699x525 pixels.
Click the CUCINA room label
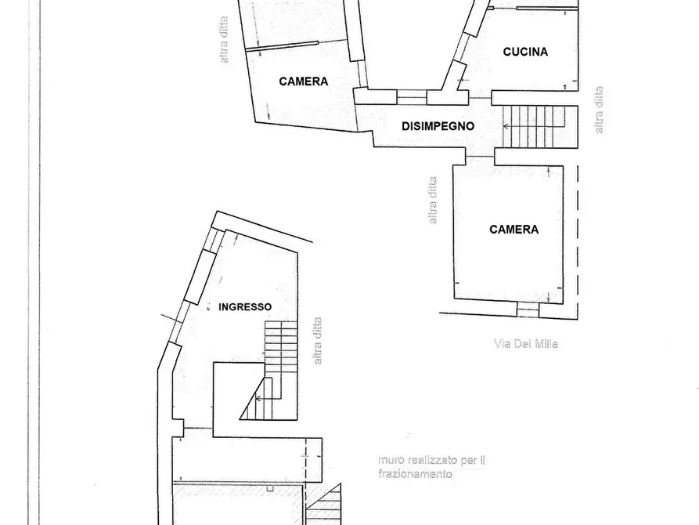pyautogui.click(x=525, y=52)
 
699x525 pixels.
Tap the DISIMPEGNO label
pyautogui.click(x=438, y=125)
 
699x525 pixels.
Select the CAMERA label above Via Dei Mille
pyautogui.click(x=513, y=230)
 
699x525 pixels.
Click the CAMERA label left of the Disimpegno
pyautogui.click(x=303, y=81)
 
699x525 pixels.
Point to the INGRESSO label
pyautogui.click(x=245, y=307)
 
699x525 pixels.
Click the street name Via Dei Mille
pyautogui.click(x=526, y=343)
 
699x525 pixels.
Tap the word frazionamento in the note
pyautogui.click(x=414, y=474)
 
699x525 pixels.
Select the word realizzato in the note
pyautogui.click(x=431, y=461)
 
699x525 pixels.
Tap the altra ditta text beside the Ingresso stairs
pyautogui.click(x=317, y=340)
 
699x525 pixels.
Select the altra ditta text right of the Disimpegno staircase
pyautogui.click(x=600, y=110)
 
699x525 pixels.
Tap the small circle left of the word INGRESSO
pyautogui.click(x=209, y=309)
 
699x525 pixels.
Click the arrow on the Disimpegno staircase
pyautogui.click(x=509, y=125)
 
